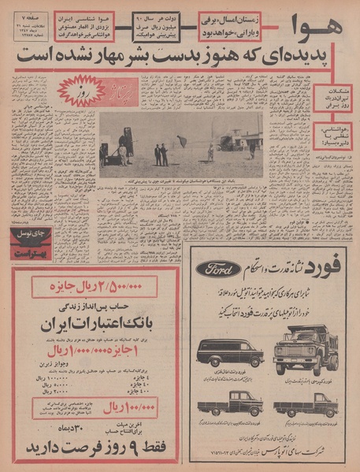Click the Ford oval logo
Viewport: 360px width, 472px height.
click(219, 269)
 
